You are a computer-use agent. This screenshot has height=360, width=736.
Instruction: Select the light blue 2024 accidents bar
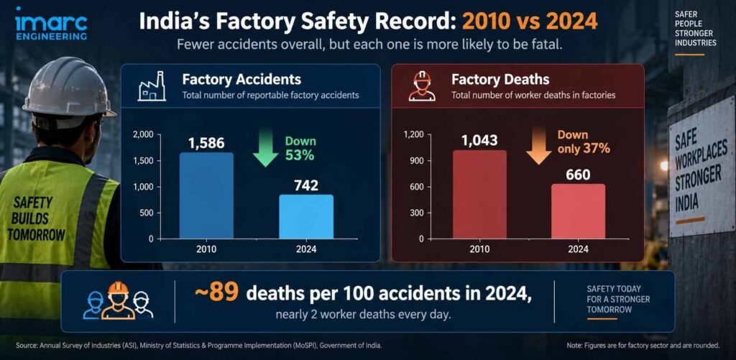[x=306, y=216]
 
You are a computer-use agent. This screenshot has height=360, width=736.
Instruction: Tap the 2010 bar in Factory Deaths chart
[x=479, y=194]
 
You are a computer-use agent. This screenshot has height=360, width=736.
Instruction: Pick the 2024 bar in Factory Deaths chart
[x=578, y=211]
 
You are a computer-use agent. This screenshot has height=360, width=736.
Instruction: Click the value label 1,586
[x=206, y=143]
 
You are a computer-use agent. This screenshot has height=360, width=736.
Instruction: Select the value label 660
[x=578, y=175]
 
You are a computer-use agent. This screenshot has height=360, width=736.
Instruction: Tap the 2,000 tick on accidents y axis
[x=144, y=135]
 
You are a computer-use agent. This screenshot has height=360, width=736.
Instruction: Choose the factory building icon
[x=152, y=86]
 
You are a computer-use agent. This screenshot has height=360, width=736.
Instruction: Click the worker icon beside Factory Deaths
[x=422, y=86]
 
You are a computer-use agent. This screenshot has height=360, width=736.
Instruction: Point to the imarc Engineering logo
[x=51, y=24]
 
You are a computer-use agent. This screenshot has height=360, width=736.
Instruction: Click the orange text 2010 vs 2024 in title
[x=530, y=22]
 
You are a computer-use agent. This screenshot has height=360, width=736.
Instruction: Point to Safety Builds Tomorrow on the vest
[x=36, y=218]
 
